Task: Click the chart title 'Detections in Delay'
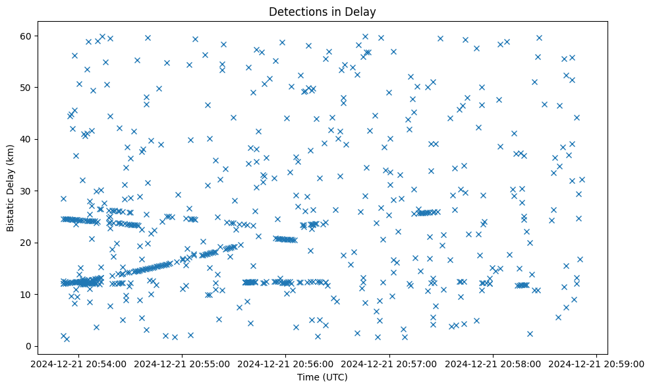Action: pos(323,11)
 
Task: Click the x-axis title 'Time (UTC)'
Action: pos(323,378)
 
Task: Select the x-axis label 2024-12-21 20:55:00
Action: pos(183,363)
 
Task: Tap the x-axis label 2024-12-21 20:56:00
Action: pos(286,363)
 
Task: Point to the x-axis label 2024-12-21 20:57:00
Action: pos(389,363)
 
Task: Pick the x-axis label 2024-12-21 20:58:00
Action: pos(493,363)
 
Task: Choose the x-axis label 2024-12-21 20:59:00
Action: pos(596,363)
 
